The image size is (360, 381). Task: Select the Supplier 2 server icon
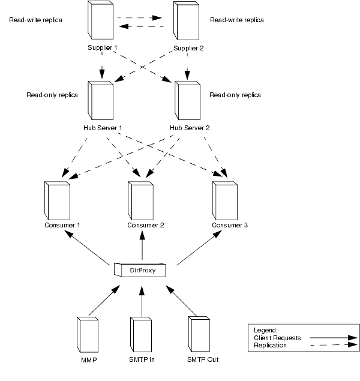pyautogui.click(x=186, y=22)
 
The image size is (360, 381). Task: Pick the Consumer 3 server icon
pyautogui.click(x=226, y=200)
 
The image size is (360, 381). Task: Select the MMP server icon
pyautogui.click(x=88, y=336)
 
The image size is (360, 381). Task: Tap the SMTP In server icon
pyautogui.click(x=142, y=336)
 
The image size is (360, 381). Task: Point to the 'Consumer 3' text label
pyautogui.click(x=230, y=226)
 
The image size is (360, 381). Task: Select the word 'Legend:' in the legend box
pyautogui.click(x=266, y=330)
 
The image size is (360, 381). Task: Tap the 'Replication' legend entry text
pyautogui.click(x=271, y=346)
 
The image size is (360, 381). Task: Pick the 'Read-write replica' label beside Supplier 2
pyautogui.click(x=237, y=20)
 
